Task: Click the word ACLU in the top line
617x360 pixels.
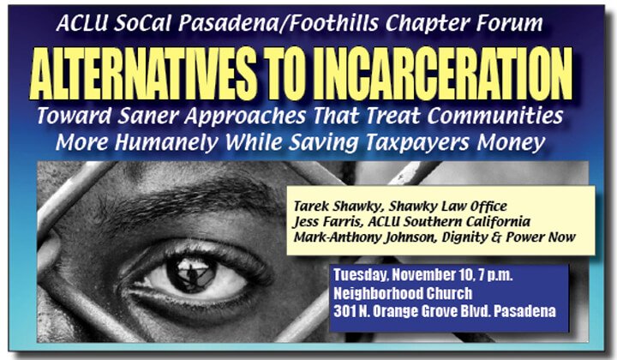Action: click(81, 23)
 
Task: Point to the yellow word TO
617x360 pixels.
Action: click(286, 74)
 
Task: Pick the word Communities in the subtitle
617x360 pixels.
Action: click(495, 116)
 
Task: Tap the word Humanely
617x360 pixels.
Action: click(166, 142)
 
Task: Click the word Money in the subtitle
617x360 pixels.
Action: click(511, 142)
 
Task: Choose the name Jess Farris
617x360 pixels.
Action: click(327, 221)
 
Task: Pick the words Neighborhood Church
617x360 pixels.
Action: click(403, 293)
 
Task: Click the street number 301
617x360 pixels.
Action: click(344, 311)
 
